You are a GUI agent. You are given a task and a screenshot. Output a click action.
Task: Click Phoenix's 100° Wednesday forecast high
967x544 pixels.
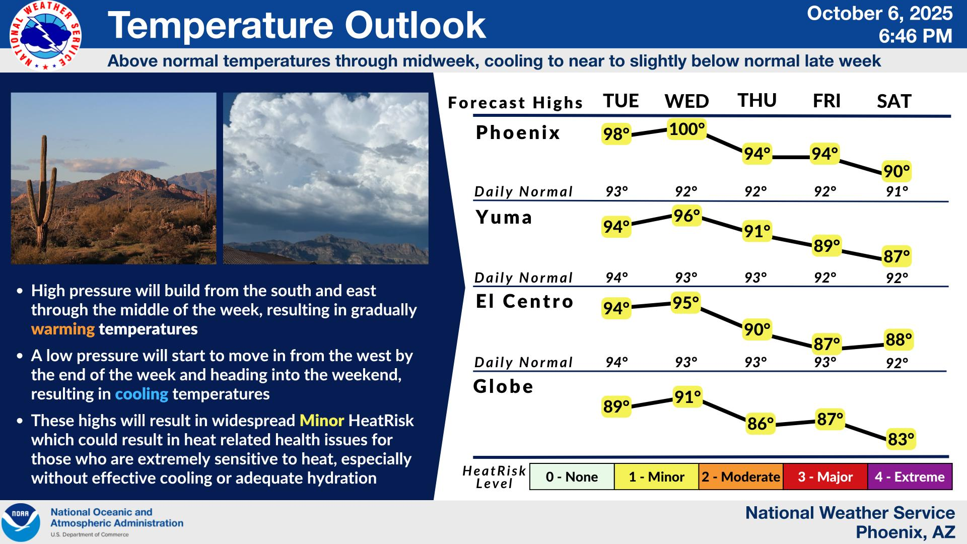pyautogui.click(x=687, y=129)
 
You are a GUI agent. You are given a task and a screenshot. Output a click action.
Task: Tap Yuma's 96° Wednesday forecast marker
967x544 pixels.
pyautogui.click(x=687, y=216)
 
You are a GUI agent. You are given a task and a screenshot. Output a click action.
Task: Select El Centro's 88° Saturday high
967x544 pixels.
pyautogui.click(x=899, y=339)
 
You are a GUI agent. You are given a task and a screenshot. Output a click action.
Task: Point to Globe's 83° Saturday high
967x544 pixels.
pyautogui.click(x=901, y=439)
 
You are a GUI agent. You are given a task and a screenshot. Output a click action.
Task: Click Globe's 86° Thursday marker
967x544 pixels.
pyautogui.click(x=761, y=424)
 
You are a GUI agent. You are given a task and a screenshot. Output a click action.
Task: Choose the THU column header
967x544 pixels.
pyautogui.click(x=757, y=100)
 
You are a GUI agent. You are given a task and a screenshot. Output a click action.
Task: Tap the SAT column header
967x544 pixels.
pyautogui.click(x=894, y=101)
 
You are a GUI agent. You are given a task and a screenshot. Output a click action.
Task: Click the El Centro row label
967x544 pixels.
pyautogui.click(x=525, y=301)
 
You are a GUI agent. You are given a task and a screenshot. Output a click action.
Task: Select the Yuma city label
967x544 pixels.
pyautogui.click(x=504, y=217)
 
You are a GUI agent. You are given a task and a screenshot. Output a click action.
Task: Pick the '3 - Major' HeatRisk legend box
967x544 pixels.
pyautogui.click(x=825, y=477)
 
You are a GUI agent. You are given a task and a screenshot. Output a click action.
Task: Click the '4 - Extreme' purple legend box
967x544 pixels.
pyautogui.click(x=910, y=477)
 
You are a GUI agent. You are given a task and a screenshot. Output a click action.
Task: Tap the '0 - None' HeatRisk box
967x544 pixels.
pyautogui.click(x=572, y=477)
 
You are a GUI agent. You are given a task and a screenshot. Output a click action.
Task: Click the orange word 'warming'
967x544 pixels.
pyautogui.click(x=63, y=329)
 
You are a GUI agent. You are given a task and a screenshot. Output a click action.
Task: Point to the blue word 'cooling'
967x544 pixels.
pyautogui.click(x=142, y=394)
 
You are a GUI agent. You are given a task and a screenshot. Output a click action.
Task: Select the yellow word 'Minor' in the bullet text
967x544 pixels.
pyautogui.click(x=322, y=421)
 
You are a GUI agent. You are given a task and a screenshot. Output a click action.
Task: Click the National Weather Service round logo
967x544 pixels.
pyautogui.click(x=45, y=35)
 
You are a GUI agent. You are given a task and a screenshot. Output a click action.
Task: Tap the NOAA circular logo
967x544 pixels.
pyautogui.click(x=21, y=522)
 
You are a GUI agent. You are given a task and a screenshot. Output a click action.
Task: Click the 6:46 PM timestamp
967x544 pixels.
pyautogui.click(x=916, y=36)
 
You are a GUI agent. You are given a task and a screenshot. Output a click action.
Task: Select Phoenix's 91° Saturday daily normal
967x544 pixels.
pyautogui.click(x=897, y=192)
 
